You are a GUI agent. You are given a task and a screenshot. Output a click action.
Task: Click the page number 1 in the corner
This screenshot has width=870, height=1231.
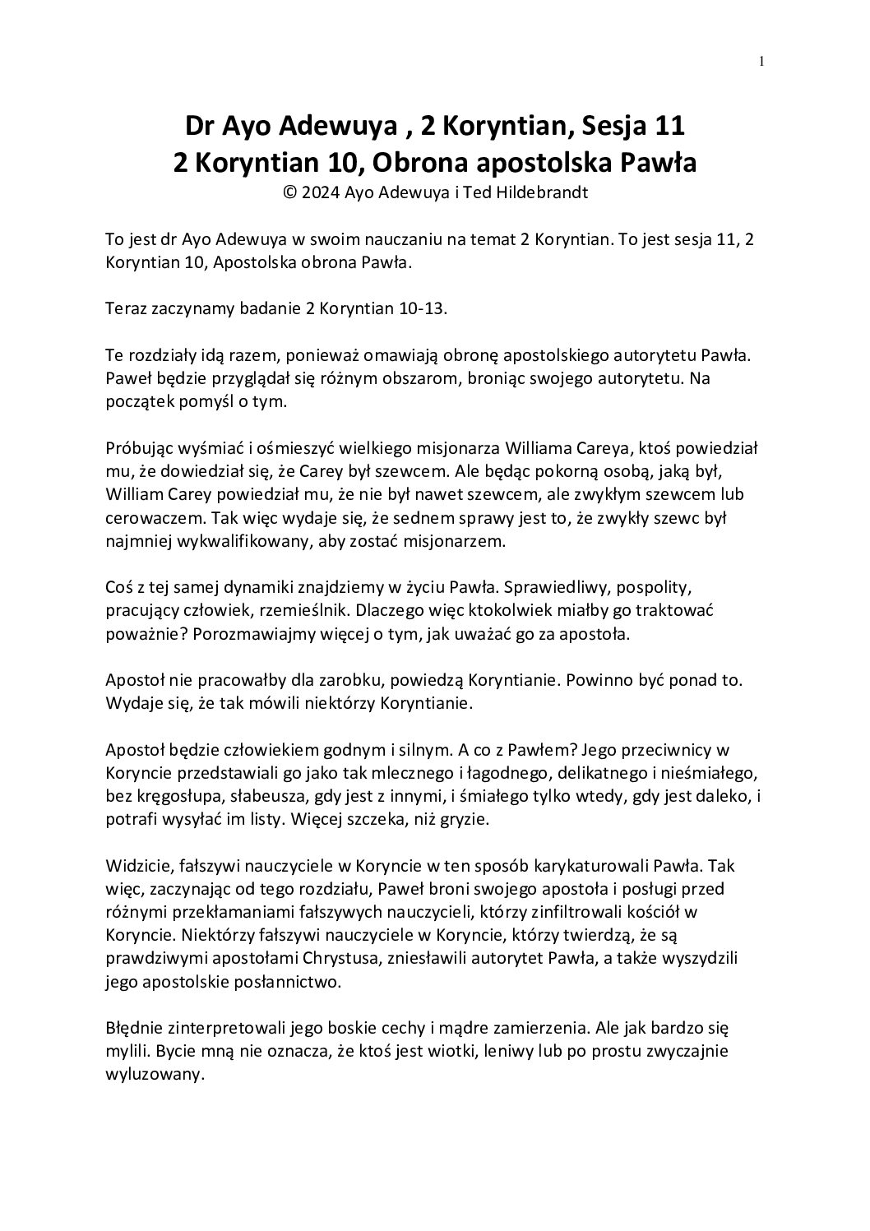(x=761, y=60)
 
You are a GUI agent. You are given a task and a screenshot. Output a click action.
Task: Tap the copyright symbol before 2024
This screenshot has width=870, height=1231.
(x=288, y=193)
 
